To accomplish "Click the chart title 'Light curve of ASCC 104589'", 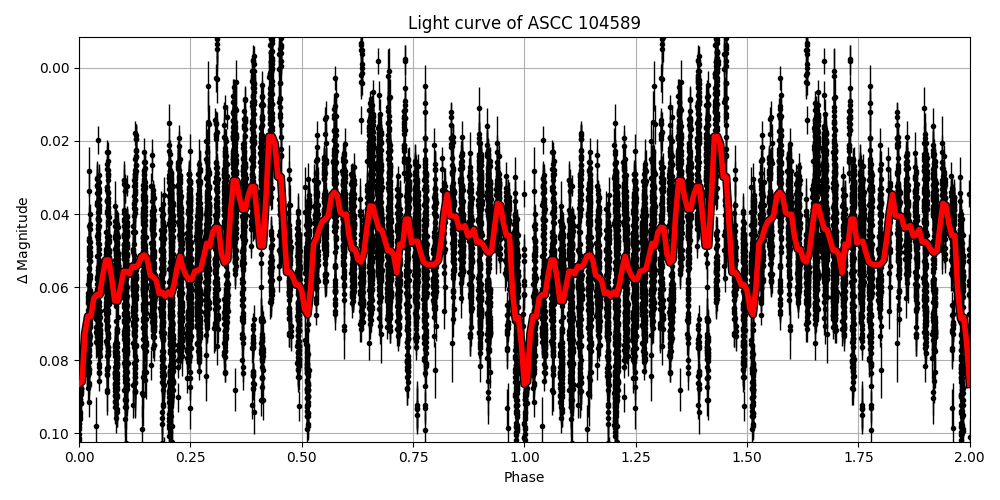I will (524, 23).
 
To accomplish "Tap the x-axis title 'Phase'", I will (524, 478).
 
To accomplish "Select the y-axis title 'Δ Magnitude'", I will (22, 240).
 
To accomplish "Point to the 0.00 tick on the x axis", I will (80, 457).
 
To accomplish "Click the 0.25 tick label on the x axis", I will (191, 457).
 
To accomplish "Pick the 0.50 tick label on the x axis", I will (302, 457).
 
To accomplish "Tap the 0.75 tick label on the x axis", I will (413, 457).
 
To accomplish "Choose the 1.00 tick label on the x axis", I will (524, 457).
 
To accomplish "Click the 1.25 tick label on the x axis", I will (636, 457).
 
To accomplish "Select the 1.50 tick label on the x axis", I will (747, 457).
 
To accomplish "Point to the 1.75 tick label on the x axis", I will (858, 457).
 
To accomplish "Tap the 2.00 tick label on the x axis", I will (969, 457).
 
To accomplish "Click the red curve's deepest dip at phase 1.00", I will (525, 381).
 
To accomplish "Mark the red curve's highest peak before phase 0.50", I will (271, 137).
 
